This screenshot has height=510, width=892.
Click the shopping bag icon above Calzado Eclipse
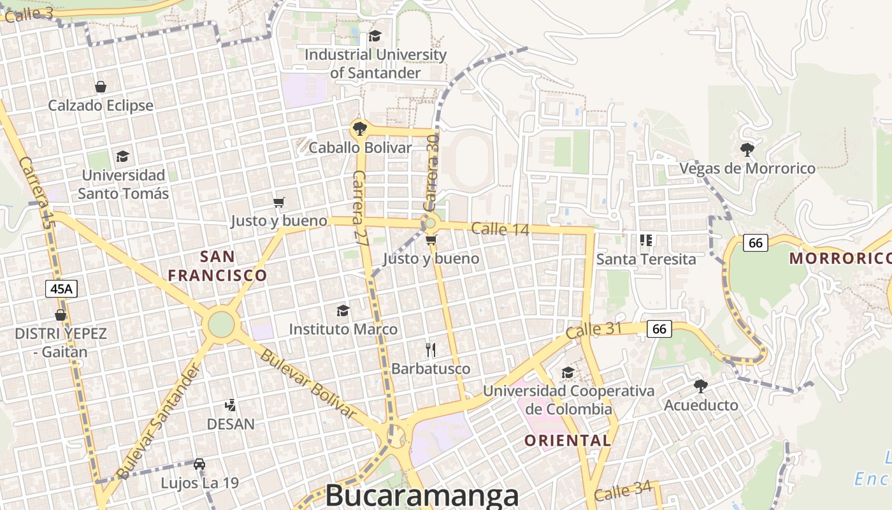[x=100, y=87]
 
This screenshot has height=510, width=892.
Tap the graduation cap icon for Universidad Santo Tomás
[x=122, y=156]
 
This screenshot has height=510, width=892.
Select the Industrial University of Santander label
[x=375, y=64]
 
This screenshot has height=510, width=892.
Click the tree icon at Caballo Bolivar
[x=359, y=129]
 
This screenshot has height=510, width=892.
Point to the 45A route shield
[x=62, y=289]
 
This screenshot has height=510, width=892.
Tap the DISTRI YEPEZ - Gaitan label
[x=61, y=342]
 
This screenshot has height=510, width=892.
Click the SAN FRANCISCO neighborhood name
[x=217, y=266]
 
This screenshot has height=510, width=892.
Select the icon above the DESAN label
[x=231, y=405]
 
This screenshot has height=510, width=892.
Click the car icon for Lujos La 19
[x=199, y=463]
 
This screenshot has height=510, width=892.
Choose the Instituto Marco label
[x=343, y=329]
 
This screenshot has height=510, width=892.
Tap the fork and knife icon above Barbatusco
[x=431, y=349]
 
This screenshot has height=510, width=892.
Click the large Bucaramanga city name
[x=422, y=495]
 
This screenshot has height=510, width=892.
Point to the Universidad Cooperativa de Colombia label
[x=568, y=400]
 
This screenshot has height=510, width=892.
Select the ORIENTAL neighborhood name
[x=568, y=440]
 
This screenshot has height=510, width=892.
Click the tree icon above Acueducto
[x=701, y=386]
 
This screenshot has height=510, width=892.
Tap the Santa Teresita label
[x=646, y=259]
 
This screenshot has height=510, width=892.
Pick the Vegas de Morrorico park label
[x=747, y=168]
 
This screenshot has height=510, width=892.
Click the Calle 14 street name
[x=500, y=229]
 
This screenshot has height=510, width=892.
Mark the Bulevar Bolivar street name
[x=308, y=382]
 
